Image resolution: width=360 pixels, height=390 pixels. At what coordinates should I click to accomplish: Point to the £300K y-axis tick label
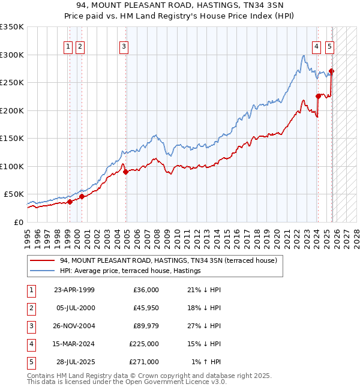(12, 55)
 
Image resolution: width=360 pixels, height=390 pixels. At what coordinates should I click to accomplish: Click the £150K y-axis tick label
(12, 138)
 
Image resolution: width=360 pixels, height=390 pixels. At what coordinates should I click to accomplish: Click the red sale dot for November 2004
(125, 172)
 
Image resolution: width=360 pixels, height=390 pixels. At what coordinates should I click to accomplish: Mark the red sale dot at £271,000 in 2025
(332, 71)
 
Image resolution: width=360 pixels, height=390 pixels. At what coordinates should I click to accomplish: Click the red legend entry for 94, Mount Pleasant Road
(168, 261)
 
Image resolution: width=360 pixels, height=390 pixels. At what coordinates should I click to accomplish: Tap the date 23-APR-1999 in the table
(74, 290)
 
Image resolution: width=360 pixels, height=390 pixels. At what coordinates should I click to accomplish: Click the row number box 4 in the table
(31, 344)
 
